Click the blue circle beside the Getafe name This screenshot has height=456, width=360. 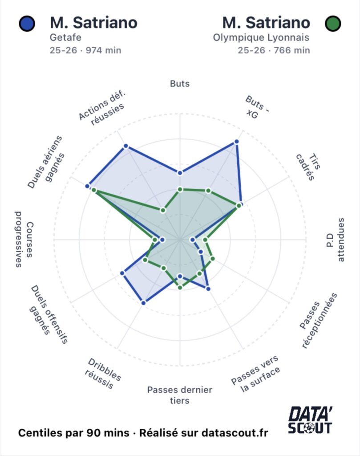(28, 23)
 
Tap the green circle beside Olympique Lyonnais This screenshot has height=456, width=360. (333, 23)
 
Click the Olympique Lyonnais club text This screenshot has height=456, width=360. (261, 38)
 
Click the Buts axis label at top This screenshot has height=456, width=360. (180, 83)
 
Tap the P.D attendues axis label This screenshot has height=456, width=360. (335, 240)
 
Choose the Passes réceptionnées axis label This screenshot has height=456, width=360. (318, 321)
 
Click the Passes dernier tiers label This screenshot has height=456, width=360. (180, 395)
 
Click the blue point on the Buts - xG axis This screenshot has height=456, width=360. (236, 142)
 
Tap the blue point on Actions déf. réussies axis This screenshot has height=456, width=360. (125, 146)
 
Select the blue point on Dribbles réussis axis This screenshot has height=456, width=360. (143, 303)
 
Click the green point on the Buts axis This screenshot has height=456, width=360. (180, 189)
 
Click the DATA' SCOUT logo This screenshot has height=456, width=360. (310, 420)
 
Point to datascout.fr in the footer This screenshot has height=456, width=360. (235, 433)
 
